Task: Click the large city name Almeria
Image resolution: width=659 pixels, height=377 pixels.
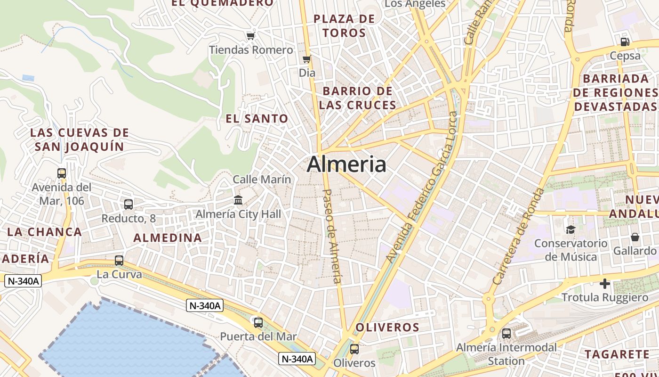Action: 346,164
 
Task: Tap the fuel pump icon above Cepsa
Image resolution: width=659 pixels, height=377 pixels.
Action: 625,41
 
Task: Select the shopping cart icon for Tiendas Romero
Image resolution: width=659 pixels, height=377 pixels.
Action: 250,36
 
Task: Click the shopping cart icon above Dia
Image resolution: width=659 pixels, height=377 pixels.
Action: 307,59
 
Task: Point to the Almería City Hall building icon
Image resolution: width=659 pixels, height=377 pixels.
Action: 238,200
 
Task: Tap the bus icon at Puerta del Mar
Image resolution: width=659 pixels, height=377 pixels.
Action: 258,323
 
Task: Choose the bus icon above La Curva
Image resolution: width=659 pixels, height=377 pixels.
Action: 119,261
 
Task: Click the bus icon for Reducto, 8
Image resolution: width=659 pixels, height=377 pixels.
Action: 128,205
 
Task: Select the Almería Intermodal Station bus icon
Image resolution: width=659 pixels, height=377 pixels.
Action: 506,334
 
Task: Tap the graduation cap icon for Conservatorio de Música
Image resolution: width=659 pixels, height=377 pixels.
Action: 571,229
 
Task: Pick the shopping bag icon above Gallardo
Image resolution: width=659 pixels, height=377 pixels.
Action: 635,237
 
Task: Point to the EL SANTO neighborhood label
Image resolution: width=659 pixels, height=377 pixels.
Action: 257,119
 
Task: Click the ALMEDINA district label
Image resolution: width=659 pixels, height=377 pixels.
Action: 168,238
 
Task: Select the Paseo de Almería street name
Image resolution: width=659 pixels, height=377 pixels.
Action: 332,236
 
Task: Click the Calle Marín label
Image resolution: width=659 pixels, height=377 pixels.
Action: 262,180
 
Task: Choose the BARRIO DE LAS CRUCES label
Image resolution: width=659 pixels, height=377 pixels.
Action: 358,98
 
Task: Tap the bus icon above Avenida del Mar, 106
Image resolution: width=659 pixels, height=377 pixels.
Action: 62,173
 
